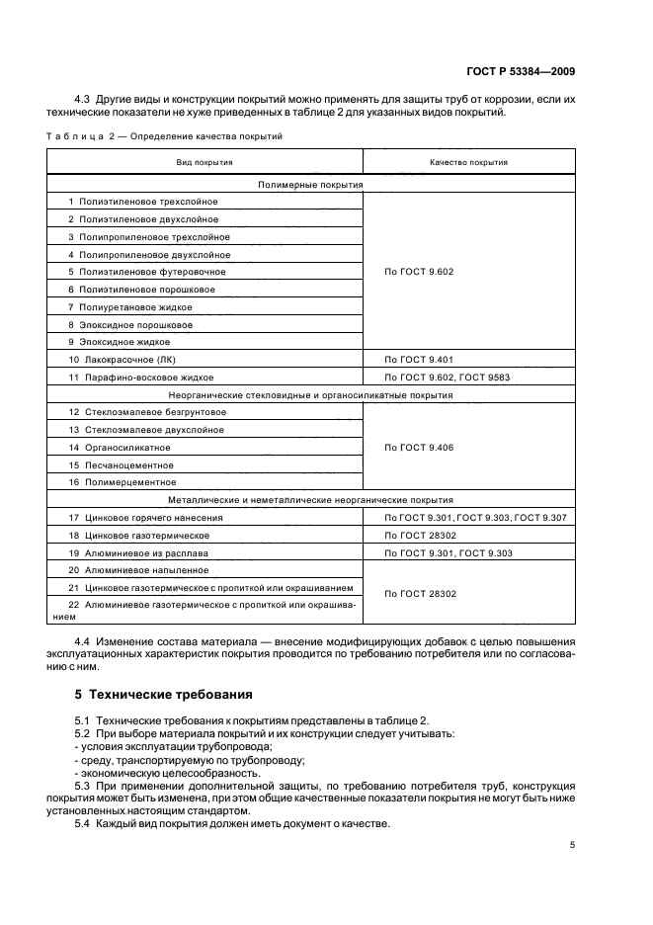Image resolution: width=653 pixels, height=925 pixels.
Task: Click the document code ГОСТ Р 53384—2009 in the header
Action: (x=521, y=71)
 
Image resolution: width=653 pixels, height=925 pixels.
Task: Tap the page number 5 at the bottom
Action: (x=572, y=845)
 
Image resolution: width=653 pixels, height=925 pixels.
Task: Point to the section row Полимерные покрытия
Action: (x=310, y=184)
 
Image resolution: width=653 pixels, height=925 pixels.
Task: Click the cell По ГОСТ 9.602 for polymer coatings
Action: (x=418, y=272)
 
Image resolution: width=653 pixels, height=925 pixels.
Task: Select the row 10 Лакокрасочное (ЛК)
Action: (x=127, y=360)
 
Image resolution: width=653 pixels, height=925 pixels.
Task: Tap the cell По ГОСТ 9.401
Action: (x=418, y=360)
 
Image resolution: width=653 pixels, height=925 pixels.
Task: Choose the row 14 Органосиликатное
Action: (x=127, y=448)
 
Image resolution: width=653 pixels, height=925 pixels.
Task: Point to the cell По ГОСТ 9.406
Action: (x=418, y=448)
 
